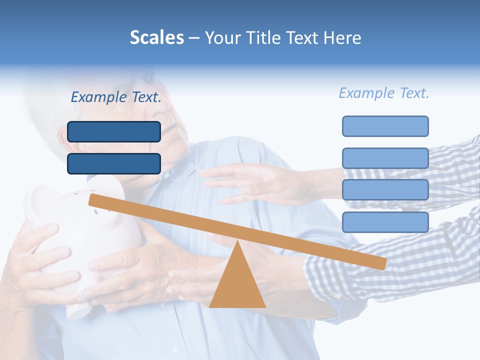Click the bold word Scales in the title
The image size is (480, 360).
point(156,37)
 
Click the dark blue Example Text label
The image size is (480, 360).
point(116,97)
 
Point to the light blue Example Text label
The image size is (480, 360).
point(384,93)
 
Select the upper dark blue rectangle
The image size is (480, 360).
point(114,131)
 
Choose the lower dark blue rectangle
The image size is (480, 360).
point(114,163)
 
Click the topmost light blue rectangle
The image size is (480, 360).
point(385,126)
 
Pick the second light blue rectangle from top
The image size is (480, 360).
point(385,158)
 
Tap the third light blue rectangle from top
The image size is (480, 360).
point(385,190)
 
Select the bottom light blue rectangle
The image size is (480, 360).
point(385,222)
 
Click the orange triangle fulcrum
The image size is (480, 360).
point(237,280)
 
